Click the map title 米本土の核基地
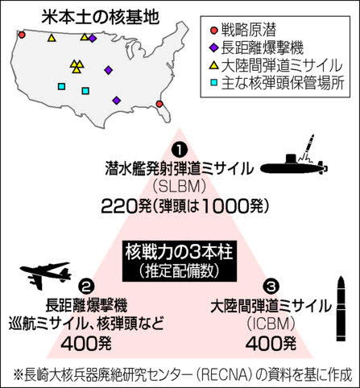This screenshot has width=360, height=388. tap(101, 17)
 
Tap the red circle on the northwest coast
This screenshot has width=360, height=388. tap(22, 35)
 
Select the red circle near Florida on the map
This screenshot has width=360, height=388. tap(159, 104)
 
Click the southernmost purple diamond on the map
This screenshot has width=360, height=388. tap(116, 101)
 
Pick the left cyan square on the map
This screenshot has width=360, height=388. tap(62, 86)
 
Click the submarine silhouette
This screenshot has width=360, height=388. tap(294, 163)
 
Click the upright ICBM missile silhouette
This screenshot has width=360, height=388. tap(341, 308)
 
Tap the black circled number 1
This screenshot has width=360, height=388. tap(180, 151)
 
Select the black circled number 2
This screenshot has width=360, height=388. tap(86, 287)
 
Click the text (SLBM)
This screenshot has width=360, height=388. tap(180, 187)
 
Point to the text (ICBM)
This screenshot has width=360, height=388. tap(271, 324)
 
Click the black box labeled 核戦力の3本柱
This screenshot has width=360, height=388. tap(180, 261)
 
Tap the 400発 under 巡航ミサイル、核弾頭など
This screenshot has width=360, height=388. tap(86, 344)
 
